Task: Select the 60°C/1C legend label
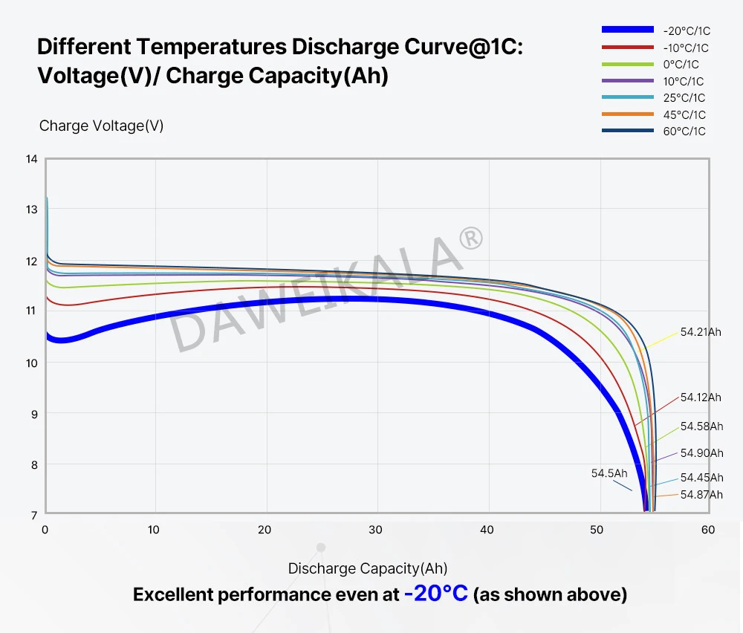pos(684,132)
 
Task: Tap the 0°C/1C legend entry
pos(681,65)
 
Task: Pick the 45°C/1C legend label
pos(684,114)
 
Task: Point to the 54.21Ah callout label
pos(701,332)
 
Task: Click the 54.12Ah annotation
pos(701,397)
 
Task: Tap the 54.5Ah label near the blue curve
pos(609,473)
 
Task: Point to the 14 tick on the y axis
pos(31,159)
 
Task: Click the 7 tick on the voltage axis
pos(33,515)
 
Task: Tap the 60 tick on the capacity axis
pos(707,530)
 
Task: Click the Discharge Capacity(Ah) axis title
pos(368,569)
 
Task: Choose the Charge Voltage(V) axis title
pos(101,126)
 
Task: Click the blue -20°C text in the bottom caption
pos(436,594)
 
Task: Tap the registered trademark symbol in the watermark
pos(471,238)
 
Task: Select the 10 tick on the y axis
pos(31,363)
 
